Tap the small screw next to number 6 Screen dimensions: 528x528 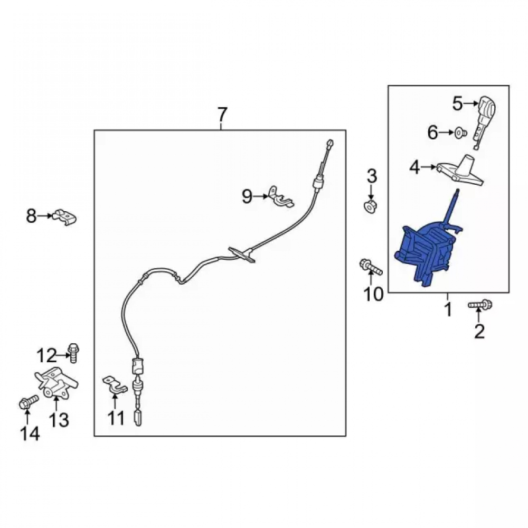coord(460,133)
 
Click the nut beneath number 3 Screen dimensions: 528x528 coord(371,206)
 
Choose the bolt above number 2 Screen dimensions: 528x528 coord(480,305)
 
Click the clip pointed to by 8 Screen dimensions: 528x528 coord(64,216)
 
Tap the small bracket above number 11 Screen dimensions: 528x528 coord(115,385)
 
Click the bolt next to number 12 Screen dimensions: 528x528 coord(73,353)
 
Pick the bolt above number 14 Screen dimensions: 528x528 coord(29,402)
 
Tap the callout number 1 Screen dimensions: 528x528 coord(448,310)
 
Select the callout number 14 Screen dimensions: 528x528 coord(30,433)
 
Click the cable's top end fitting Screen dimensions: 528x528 coord(329,143)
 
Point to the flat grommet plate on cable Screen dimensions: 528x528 coord(242,254)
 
